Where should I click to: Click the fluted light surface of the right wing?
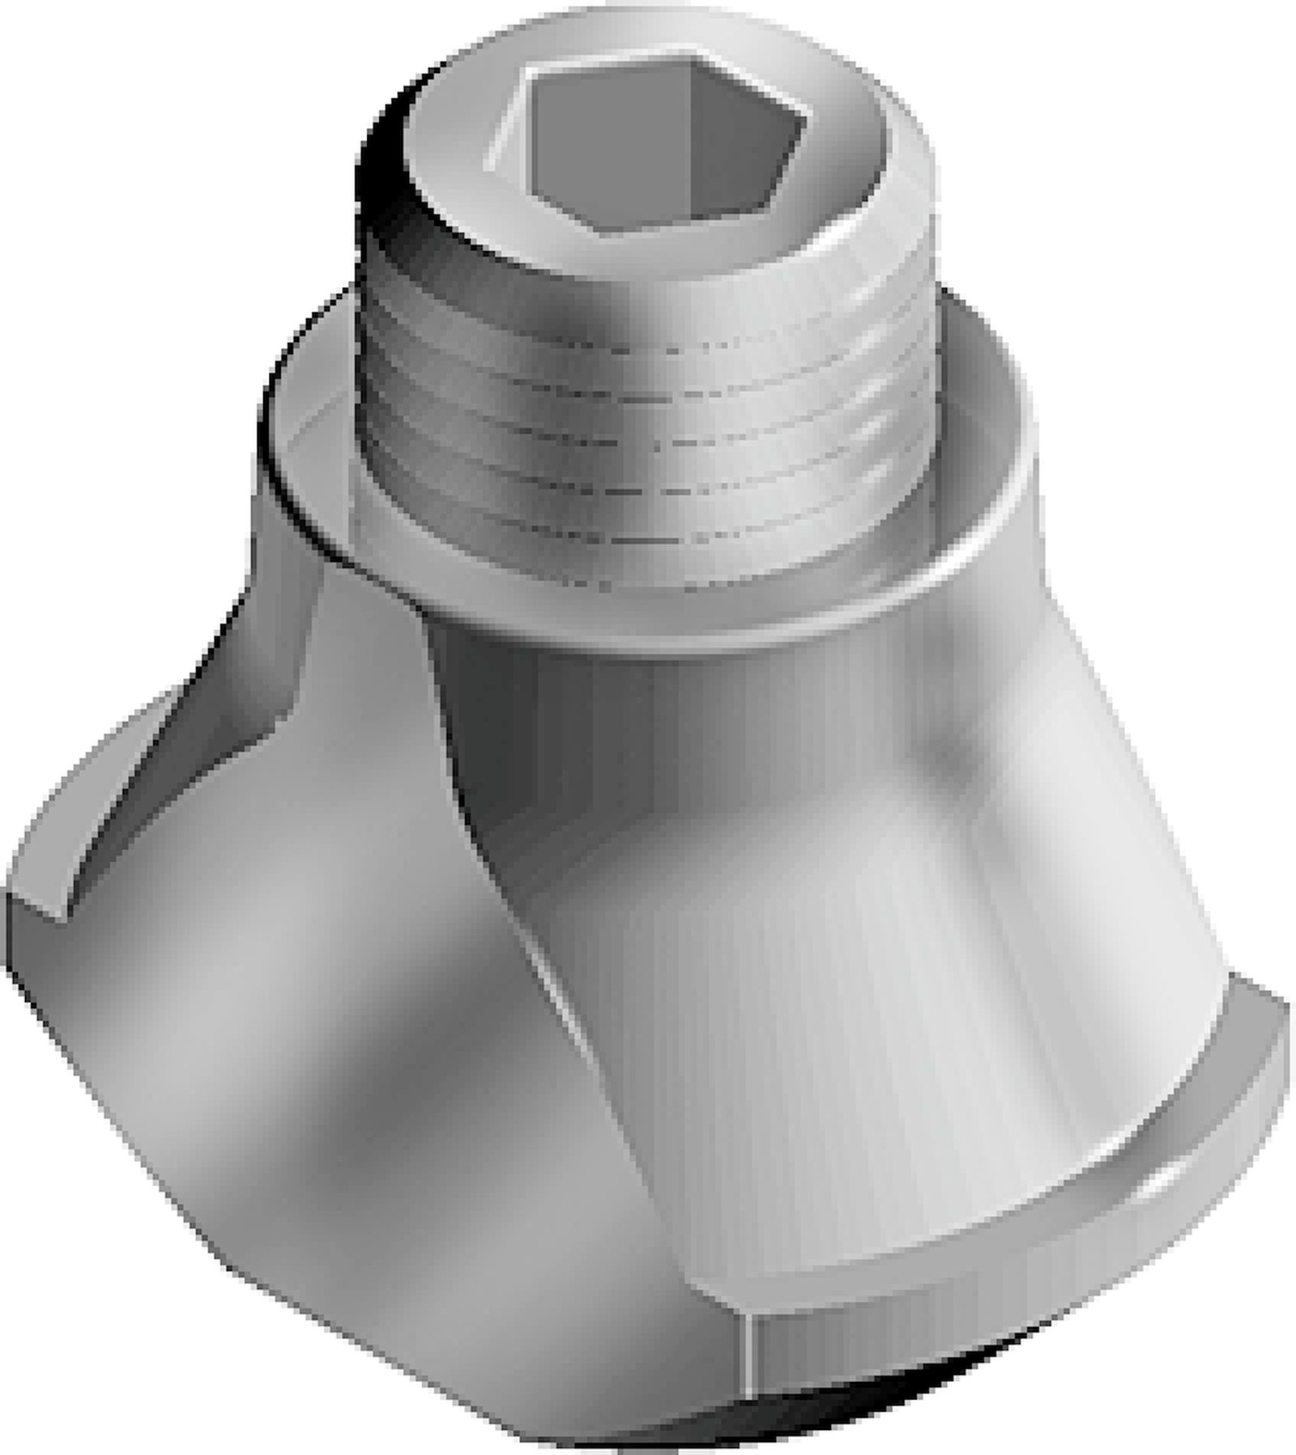point(850,1013)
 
